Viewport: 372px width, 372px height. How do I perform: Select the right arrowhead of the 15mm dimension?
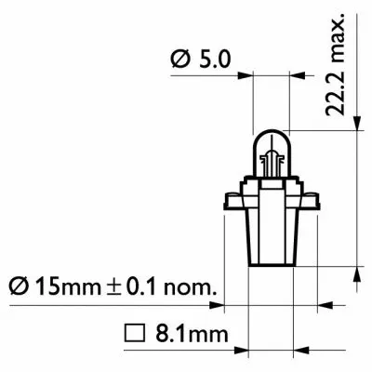[x=325, y=303]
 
